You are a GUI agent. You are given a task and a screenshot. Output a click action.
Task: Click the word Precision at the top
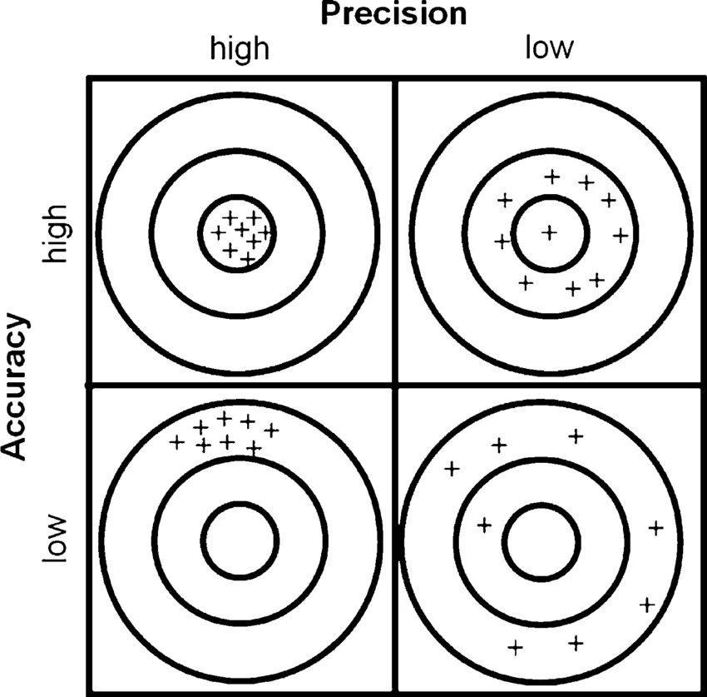(x=393, y=13)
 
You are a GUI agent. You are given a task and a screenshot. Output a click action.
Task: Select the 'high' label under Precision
(x=240, y=48)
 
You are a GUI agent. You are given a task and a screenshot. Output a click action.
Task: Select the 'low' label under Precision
(x=548, y=47)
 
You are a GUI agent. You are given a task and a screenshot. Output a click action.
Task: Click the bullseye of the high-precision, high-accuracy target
(x=239, y=232)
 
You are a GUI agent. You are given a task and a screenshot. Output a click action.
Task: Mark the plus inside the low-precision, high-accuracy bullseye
(x=549, y=232)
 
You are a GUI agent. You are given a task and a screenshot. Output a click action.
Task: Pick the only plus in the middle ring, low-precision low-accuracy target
(x=484, y=525)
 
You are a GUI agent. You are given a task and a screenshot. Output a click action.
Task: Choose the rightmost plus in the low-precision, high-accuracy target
(x=620, y=236)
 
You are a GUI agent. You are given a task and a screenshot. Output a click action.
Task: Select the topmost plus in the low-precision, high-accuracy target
(x=551, y=176)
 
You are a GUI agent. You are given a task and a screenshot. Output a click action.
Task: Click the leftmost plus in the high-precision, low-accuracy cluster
(x=176, y=441)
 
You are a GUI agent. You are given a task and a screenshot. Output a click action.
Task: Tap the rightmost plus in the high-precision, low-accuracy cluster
(x=271, y=430)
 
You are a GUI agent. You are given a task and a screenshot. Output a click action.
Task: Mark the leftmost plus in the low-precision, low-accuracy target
(x=452, y=468)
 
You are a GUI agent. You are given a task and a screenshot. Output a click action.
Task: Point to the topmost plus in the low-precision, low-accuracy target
(x=576, y=435)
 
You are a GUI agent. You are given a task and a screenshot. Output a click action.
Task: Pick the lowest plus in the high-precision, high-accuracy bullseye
(x=247, y=260)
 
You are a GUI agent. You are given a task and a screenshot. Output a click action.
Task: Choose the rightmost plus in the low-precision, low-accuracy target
(x=655, y=526)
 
